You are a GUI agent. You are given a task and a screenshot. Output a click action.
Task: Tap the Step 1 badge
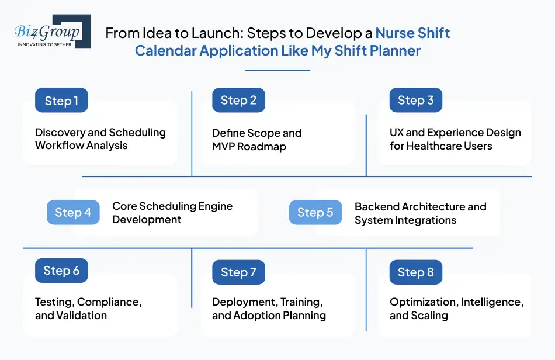[61, 101]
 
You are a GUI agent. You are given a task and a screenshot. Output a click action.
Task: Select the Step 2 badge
[238, 100]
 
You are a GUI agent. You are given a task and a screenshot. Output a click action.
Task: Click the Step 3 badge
[415, 100]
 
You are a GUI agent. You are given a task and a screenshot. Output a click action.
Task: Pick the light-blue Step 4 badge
[73, 212]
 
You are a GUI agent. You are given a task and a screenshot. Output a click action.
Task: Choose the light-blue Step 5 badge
[315, 212]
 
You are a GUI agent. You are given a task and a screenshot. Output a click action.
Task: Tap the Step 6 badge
[61, 271]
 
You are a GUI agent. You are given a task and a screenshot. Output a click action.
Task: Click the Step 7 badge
[238, 272]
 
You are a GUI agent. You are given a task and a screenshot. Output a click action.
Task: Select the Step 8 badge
[415, 272]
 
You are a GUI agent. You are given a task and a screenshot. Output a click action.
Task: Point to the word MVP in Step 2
[224, 146]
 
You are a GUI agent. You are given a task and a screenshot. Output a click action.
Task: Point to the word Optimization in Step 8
[423, 302]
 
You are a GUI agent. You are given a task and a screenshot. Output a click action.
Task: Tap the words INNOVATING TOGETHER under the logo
[45, 44]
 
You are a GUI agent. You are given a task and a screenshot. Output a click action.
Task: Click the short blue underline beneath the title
[277, 70]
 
